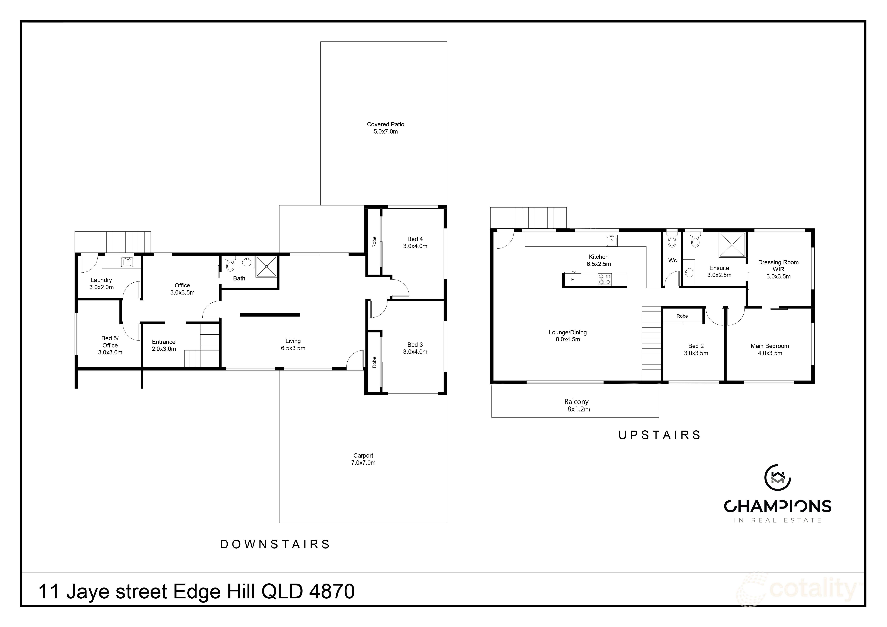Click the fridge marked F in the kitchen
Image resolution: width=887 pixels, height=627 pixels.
(572, 280)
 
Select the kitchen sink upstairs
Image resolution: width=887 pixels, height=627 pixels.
(611, 241)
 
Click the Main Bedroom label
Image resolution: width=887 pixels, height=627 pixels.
(770, 349)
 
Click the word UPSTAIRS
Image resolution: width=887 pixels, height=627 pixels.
(659, 435)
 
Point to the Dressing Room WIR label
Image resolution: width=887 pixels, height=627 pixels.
(778, 269)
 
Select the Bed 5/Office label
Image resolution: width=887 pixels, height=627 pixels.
(110, 345)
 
